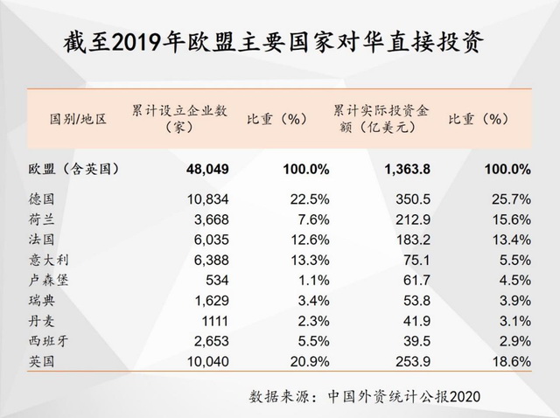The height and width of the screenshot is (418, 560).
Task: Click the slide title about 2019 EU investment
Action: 279,42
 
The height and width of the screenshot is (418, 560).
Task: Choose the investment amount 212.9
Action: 399,219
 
